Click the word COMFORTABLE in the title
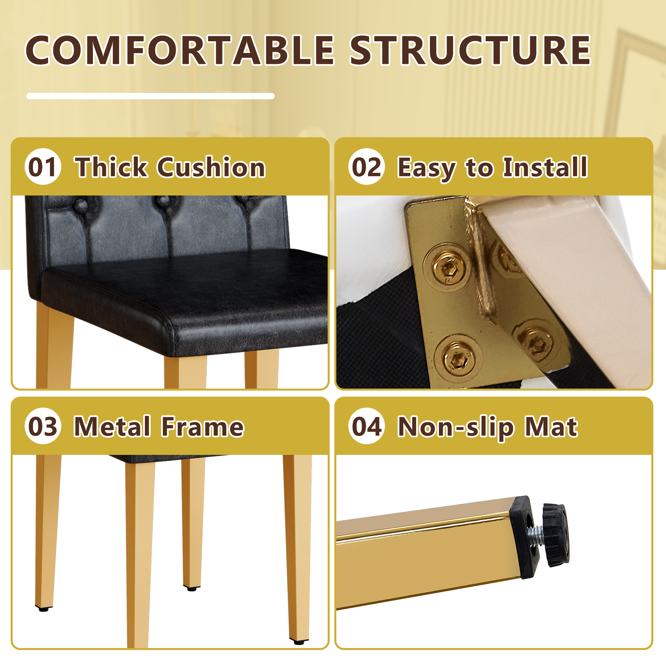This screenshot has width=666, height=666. (x=179, y=50)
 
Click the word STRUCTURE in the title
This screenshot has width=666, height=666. (x=471, y=50)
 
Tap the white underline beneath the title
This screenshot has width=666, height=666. (x=150, y=96)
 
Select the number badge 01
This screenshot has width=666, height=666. (x=43, y=166)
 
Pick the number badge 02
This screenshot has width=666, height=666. (x=366, y=166)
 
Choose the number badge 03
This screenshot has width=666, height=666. (x=43, y=426)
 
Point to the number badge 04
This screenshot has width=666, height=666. (x=366, y=426)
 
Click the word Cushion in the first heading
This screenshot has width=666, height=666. (x=211, y=167)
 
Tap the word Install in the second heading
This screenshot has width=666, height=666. (x=545, y=167)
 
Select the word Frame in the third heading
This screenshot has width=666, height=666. (x=203, y=427)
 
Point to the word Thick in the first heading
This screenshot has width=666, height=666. (x=112, y=167)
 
